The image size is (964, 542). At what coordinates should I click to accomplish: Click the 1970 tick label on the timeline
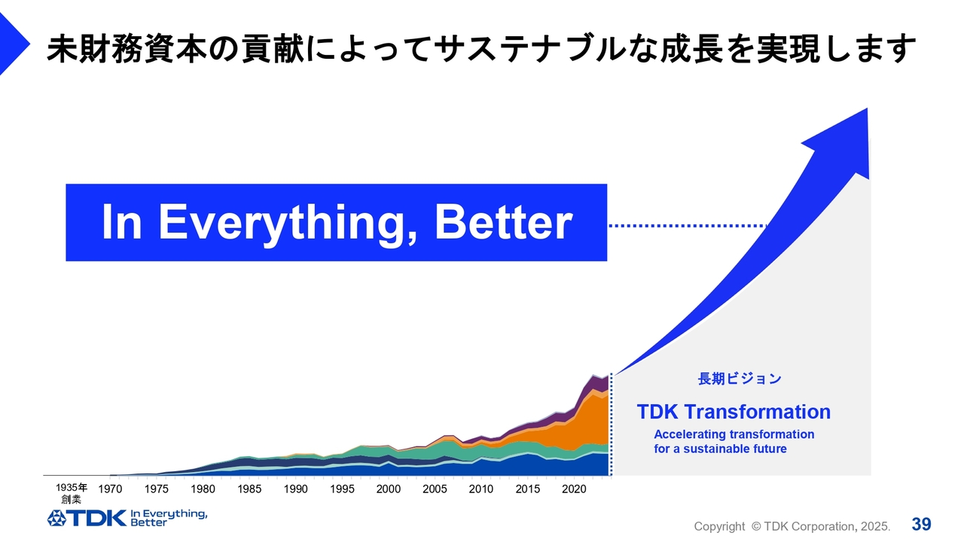point(110,489)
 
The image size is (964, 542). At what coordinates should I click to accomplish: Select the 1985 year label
point(249,489)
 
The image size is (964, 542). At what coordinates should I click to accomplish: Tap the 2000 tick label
point(389,489)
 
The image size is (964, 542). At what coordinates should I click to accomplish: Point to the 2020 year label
point(574,489)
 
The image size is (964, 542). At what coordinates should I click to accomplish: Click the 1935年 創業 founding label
point(72,493)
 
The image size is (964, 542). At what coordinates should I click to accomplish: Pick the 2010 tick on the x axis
point(481,489)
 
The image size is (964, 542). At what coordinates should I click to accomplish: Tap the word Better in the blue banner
point(504,221)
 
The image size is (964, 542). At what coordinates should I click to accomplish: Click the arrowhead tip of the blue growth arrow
point(867,108)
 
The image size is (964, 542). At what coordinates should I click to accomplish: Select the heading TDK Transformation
point(734,412)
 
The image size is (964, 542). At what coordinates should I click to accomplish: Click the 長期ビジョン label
point(740,379)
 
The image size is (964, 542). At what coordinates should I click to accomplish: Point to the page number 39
point(921,525)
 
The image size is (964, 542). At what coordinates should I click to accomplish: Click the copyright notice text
point(792,526)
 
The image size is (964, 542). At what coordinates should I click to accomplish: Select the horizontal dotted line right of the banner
point(688,225)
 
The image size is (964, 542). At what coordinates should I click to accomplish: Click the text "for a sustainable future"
point(721,449)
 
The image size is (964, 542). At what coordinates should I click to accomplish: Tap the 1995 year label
point(342,489)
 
